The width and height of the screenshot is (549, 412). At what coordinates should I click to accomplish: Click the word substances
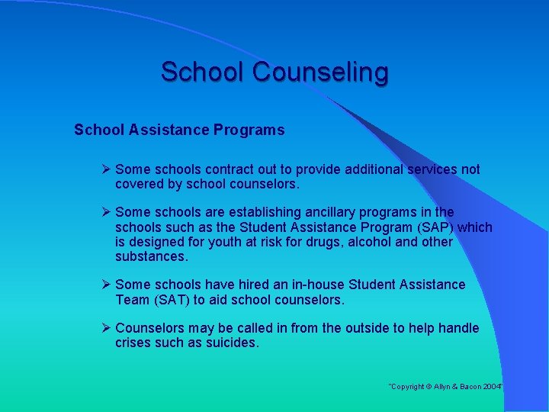pos(150,256)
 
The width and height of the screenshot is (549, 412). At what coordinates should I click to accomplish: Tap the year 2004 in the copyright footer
pos(492,388)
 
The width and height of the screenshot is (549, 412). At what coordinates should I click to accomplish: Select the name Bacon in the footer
pos(467,388)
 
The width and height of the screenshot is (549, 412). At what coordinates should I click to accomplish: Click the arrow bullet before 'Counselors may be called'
pos(107,328)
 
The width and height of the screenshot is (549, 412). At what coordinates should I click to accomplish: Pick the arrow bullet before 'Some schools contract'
pos(107,169)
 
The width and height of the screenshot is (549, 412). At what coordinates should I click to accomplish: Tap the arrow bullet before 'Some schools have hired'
pos(107,285)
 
